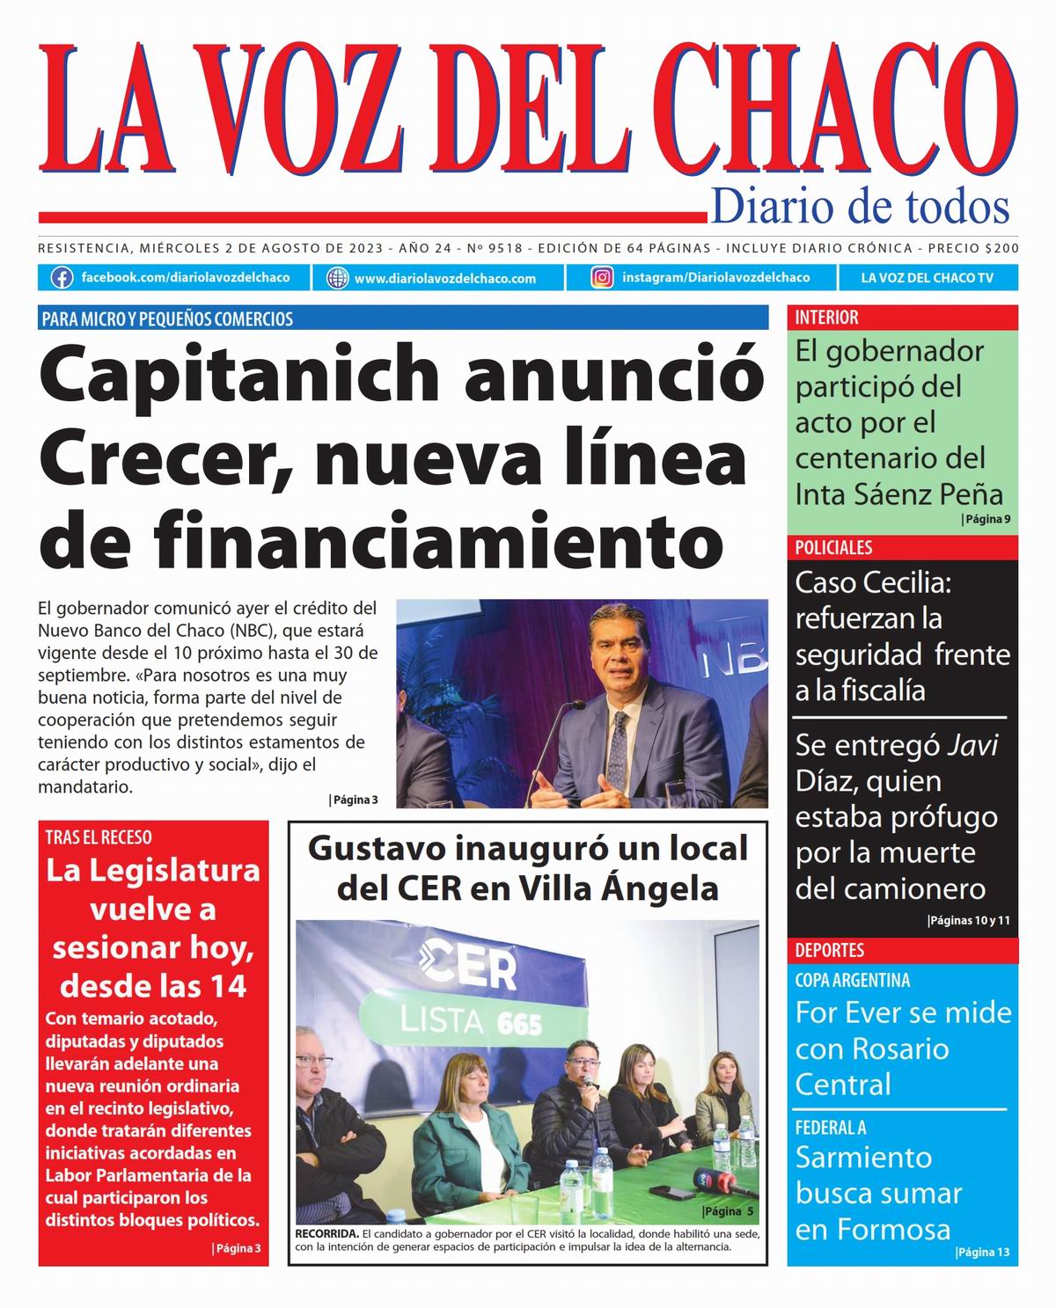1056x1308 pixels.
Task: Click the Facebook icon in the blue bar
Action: coord(62,278)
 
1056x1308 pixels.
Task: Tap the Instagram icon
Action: coord(602,278)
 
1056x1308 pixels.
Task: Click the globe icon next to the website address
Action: coord(337,279)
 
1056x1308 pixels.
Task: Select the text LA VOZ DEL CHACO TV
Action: coord(927,278)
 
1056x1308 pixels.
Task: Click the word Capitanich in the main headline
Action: coord(238,375)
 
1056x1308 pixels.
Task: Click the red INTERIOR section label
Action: coord(826,318)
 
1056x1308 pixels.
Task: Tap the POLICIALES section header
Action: coord(833,547)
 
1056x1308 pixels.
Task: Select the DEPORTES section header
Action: coord(829,950)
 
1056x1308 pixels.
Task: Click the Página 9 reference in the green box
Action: coord(986,519)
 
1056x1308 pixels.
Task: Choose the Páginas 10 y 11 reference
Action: coord(969,921)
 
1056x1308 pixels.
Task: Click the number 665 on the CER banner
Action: coord(519,1025)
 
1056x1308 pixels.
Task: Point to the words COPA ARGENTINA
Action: coord(852,980)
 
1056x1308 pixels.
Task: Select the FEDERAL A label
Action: coord(830,1127)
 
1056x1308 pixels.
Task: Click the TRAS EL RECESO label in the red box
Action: coord(99,837)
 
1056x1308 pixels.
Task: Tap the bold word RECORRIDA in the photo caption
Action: coord(326,1234)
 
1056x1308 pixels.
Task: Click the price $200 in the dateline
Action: coord(1001,249)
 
